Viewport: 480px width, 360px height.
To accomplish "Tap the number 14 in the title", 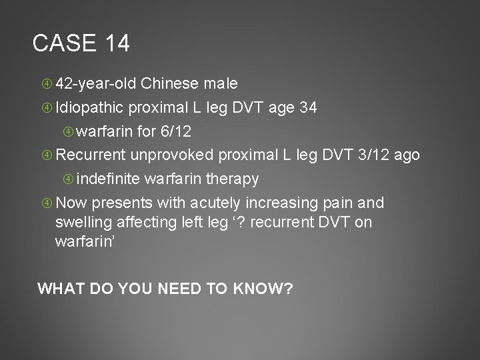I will [117, 44].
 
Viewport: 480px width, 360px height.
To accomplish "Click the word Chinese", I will [169, 85].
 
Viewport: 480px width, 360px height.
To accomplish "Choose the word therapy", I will [234, 179].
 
